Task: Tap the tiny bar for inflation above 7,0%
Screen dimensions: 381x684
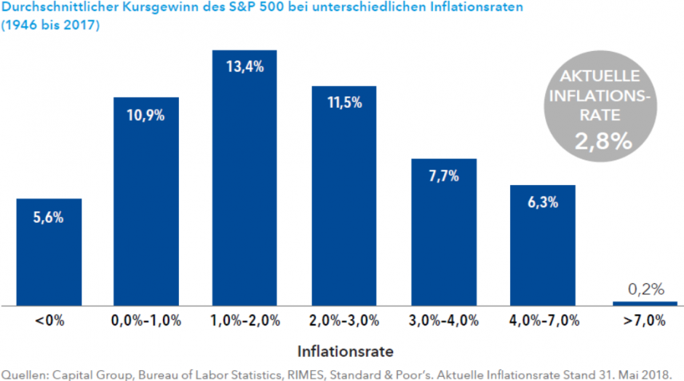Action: click(645, 303)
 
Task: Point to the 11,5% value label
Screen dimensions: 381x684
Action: click(343, 103)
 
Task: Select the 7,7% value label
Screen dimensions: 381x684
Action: click(444, 176)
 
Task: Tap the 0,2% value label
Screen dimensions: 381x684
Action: click(645, 289)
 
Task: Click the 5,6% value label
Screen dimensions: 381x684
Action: click(49, 216)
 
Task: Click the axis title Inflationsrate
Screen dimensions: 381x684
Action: click(346, 351)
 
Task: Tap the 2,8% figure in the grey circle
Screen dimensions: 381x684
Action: click(603, 140)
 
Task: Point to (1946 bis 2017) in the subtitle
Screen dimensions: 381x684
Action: click(50, 25)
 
